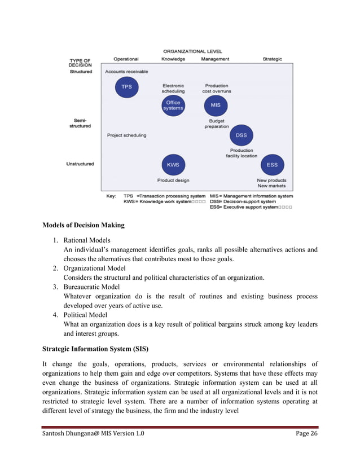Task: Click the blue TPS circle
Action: point(126,87)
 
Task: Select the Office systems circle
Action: point(173,105)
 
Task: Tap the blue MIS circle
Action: point(216,105)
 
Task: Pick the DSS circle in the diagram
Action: point(241,135)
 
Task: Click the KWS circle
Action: point(173,165)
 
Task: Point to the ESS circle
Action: point(272,165)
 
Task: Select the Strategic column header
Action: point(272,59)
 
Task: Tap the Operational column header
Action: point(126,59)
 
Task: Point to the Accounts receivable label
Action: point(127,72)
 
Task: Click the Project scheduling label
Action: point(126,135)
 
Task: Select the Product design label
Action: point(173,181)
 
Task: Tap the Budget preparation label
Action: point(217,124)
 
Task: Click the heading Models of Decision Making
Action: point(84,225)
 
